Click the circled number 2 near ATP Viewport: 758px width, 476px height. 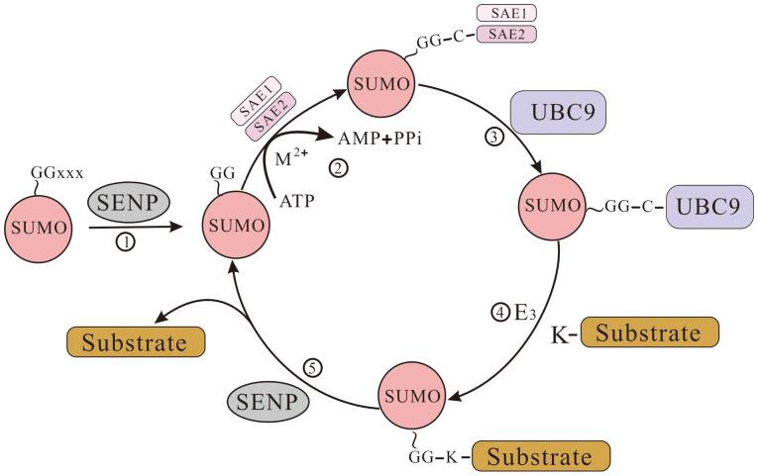click(340, 169)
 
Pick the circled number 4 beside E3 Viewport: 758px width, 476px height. click(500, 317)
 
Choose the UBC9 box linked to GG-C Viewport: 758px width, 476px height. click(707, 210)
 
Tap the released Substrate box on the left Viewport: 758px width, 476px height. click(137, 343)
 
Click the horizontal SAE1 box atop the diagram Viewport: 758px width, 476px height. click(506, 14)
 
